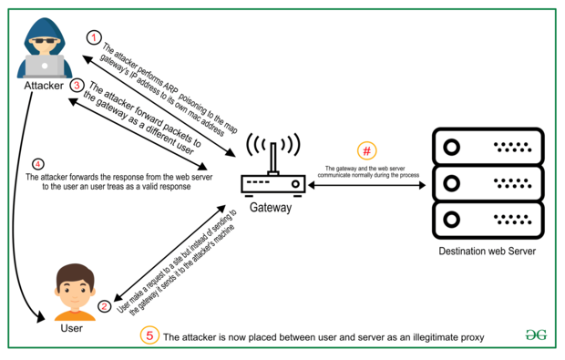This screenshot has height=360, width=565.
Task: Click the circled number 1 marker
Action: click(x=94, y=37)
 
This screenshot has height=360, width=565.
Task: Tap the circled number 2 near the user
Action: click(x=105, y=306)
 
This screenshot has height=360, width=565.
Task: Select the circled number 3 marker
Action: click(x=77, y=86)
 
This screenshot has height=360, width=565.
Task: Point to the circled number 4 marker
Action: click(x=38, y=164)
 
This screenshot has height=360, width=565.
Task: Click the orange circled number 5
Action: click(x=149, y=335)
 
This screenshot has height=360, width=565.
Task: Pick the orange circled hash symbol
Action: click(x=367, y=150)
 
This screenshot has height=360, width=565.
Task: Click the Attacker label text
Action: click(x=44, y=86)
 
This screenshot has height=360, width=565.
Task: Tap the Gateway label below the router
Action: click(x=271, y=207)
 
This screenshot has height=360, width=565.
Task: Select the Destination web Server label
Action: click(x=488, y=252)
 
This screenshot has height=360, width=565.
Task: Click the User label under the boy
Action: click(x=72, y=328)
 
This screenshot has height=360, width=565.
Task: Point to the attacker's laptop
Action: click(x=45, y=66)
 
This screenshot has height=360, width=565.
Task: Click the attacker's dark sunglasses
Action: click(x=45, y=40)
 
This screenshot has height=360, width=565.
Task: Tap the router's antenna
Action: click(x=273, y=158)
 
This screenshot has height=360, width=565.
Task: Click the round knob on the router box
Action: click(x=295, y=184)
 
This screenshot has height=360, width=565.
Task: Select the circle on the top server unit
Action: click(x=451, y=147)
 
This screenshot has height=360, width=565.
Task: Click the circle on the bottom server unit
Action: click(x=451, y=220)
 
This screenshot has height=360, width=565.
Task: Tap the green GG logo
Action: click(x=536, y=334)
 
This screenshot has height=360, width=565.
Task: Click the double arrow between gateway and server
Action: click(x=367, y=185)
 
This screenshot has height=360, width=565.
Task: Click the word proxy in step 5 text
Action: click(x=472, y=337)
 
